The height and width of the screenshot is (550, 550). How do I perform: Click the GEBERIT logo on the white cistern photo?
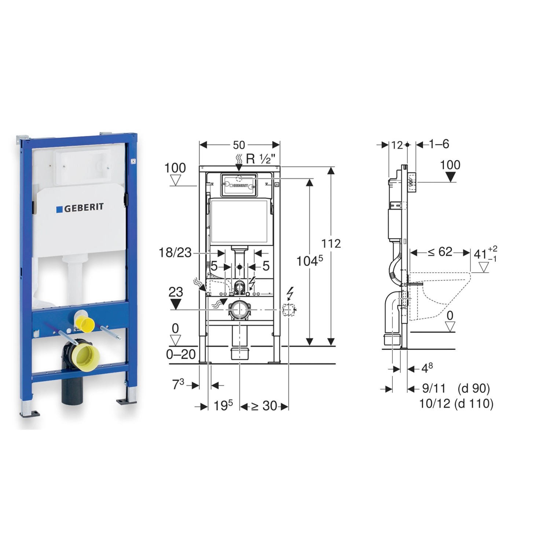point(80,208)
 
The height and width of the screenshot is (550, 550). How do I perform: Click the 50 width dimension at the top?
point(239,145)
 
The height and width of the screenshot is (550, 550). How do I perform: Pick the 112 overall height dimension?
point(331,243)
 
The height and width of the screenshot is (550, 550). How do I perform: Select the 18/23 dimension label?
point(175,253)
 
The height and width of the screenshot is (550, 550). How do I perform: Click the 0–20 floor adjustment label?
point(181,355)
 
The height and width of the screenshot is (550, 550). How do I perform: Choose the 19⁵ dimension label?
point(223,406)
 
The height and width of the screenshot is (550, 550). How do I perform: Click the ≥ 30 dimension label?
point(264,406)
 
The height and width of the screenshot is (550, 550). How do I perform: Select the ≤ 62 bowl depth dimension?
point(440,252)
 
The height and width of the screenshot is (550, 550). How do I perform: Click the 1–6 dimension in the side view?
point(439,144)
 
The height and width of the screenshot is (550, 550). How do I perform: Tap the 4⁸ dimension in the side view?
point(427,368)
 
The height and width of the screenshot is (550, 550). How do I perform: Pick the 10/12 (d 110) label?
point(456,404)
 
